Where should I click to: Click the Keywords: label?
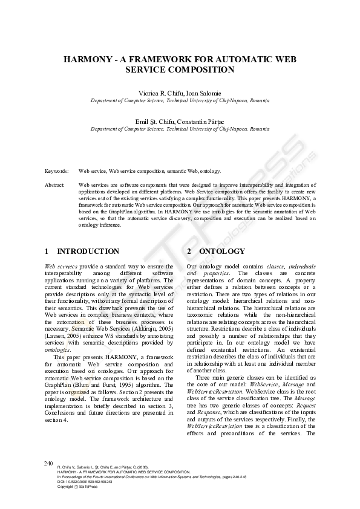56,172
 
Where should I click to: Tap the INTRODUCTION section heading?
88,251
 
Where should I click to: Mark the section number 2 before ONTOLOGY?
189,251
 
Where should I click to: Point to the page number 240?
48,462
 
